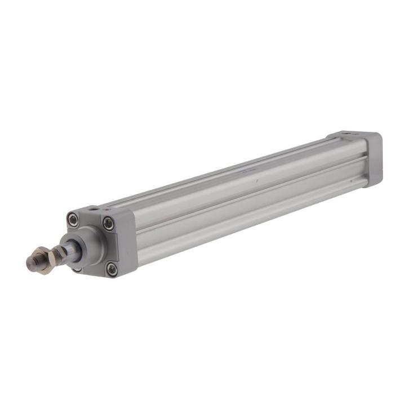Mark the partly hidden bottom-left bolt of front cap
(77, 269)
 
